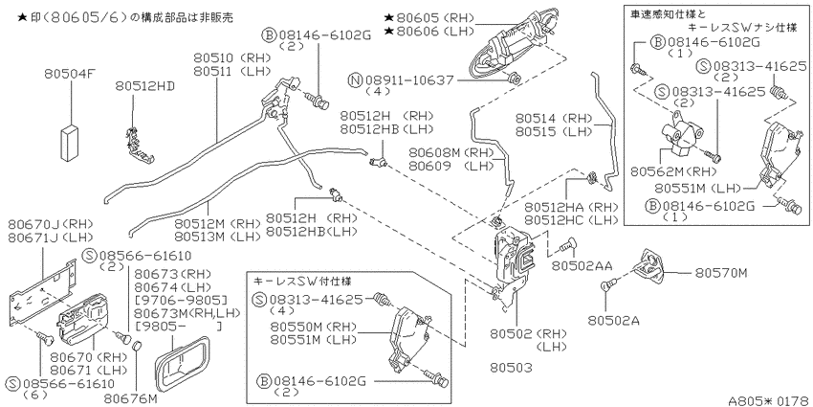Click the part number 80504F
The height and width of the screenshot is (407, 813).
[70, 76]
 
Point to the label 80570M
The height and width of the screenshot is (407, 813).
[721, 273]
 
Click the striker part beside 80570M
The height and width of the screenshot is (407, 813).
[651, 266]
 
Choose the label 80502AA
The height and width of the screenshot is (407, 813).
[582, 266]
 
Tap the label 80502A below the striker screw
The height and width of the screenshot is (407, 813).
[613, 321]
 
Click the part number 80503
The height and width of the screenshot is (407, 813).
[511, 368]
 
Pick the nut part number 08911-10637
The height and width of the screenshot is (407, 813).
[409, 80]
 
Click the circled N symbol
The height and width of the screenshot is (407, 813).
[355, 80]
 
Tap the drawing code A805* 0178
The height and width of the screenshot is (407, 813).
[770, 400]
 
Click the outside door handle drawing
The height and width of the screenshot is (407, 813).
[511, 47]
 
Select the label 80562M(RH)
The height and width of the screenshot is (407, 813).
[673, 170]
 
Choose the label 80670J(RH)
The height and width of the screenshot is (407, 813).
[50, 224]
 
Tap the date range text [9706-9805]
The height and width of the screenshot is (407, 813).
[181, 300]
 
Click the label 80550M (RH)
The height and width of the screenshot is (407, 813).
[313, 328]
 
